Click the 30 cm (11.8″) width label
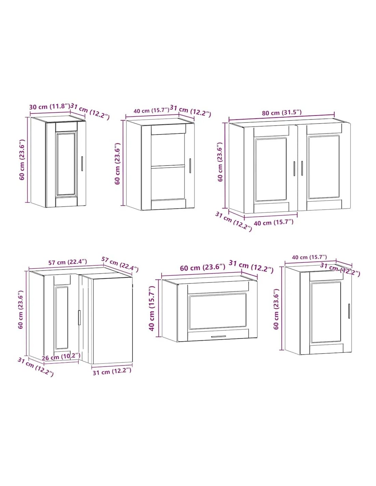50,106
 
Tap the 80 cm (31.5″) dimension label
281,113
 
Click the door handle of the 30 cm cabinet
82,164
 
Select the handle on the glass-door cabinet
190,166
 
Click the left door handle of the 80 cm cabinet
294,168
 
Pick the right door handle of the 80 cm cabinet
302,168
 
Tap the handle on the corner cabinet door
79,318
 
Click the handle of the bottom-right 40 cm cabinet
349,311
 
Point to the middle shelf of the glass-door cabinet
168,166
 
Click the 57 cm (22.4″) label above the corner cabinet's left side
68,262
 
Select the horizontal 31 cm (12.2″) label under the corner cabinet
112,372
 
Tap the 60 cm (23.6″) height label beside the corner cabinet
21,310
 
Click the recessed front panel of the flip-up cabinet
218,311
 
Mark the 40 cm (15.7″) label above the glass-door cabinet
151,110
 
